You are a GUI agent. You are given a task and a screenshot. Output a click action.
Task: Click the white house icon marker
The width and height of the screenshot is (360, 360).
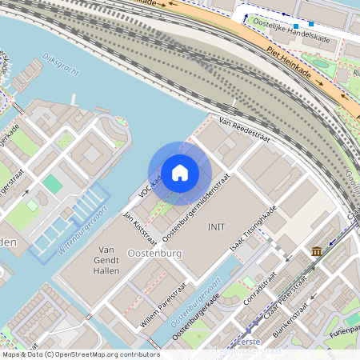180,173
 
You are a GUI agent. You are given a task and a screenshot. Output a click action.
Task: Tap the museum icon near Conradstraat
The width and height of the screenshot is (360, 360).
317,252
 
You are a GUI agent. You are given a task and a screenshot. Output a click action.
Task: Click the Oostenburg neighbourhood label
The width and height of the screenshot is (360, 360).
155,254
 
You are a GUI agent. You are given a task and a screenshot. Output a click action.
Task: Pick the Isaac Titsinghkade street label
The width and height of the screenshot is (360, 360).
254,229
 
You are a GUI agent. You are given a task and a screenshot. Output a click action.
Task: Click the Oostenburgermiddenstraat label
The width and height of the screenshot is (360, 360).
196,207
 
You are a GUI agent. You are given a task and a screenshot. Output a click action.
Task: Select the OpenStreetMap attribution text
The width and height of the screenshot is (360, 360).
80,354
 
